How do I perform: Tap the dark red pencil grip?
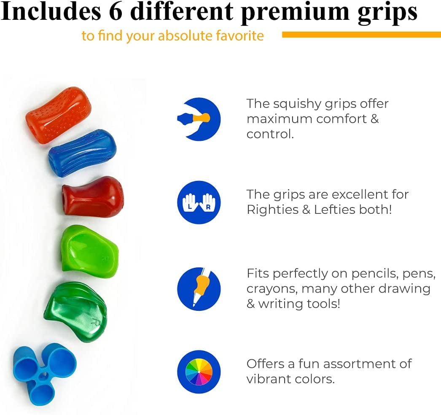[93, 197]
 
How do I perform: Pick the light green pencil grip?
[90, 249]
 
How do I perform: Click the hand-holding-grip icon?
[199, 119]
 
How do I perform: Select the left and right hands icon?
[199, 202]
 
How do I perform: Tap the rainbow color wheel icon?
[199, 372]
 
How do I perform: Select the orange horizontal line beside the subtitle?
[361, 35]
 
